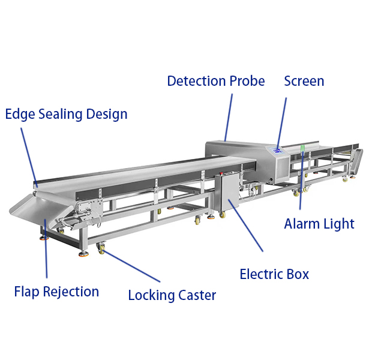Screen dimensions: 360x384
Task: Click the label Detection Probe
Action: pyautogui.click(x=215, y=81)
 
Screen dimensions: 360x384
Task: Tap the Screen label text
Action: pyautogui.click(x=304, y=81)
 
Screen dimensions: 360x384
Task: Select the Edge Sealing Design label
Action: pyautogui.click(x=66, y=114)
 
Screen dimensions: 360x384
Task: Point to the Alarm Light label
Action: pyautogui.click(x=319, y=224)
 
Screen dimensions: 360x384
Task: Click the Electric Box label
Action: pyautogui.click(x=274, y=274)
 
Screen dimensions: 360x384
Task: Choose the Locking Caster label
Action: pyautogui.click(x=172, y=295)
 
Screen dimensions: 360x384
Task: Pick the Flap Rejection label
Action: pyautogui.click(x=56, y=292)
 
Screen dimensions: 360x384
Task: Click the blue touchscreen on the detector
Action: pyautogui.click(x=277, y=151)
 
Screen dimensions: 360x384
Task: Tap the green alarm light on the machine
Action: pyautogui.click(x=303, y=148)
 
